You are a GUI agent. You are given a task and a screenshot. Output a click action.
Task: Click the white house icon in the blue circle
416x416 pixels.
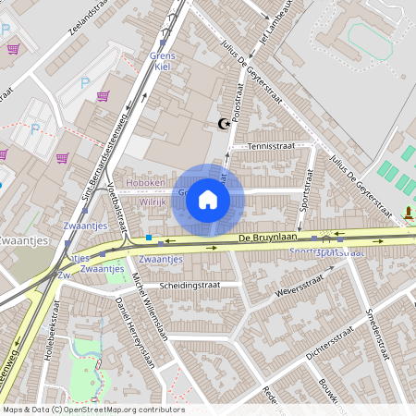pos(208,199)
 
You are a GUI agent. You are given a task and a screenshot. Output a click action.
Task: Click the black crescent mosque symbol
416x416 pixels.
pos(223,123)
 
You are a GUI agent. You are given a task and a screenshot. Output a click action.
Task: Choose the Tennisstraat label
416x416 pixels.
pos(275,145)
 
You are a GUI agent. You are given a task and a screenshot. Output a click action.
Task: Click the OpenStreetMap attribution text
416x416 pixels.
pos(93,410)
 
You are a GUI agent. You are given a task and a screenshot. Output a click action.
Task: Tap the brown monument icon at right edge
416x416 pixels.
pos(409,214)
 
